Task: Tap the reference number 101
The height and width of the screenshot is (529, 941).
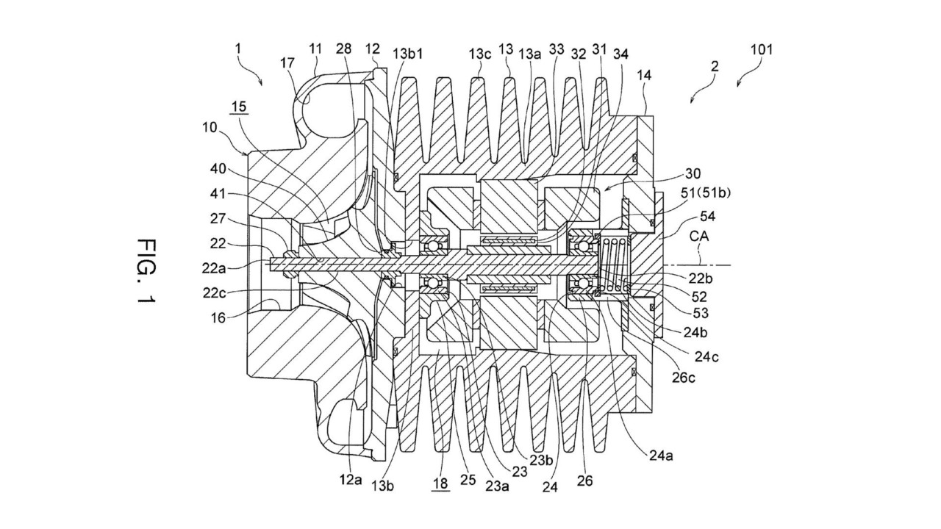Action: [762, 49]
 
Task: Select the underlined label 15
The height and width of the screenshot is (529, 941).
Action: [239, 107]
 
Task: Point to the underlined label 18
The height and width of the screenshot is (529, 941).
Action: [440, 483]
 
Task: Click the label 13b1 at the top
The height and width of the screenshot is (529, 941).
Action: [408, 54]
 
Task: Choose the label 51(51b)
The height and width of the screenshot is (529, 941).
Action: [706, 192]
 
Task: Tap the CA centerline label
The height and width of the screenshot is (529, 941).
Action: [699, 236]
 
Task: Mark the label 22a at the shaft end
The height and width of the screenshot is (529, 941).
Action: [214, 268]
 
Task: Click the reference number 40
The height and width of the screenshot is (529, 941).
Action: [218, 169]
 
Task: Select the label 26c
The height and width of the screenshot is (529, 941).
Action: [683, 378]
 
